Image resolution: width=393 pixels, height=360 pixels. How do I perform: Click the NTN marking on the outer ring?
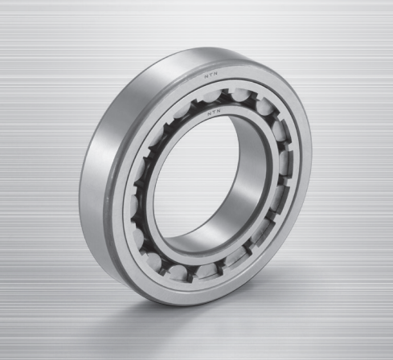[x=211, y=76]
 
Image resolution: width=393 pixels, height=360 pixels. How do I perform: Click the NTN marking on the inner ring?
[x=214, y=112]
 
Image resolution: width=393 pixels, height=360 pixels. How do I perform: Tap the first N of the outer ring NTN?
[x=207, y=76]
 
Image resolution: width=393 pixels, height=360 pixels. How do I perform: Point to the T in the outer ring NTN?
[x=211, y=76]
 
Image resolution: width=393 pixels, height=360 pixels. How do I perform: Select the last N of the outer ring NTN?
[x=215, y=76]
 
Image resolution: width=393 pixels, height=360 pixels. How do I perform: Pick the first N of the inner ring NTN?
[x=209, y=113]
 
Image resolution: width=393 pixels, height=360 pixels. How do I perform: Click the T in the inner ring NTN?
[x=214, y=112]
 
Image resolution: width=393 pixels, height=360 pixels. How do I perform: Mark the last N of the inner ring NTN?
[x=218, y=112]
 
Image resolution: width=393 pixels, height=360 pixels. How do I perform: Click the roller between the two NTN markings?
[x=213, y=96]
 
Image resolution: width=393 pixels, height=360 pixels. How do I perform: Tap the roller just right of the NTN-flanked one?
[x=241, y=95]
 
